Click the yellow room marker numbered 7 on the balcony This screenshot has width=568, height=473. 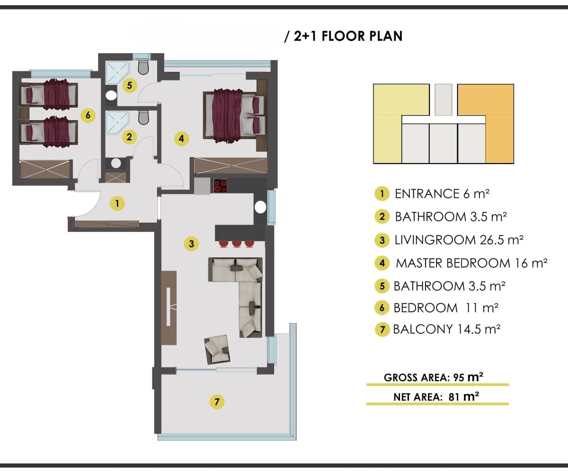tap(217, 402)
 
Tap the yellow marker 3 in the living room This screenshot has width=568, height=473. tap(191, 244)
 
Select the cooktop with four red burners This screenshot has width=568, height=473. tap(221, 185)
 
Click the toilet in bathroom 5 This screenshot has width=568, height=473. tap(143, 67)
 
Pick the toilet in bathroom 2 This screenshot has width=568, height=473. tap(143, 117)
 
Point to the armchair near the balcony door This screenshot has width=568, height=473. tap(217, 350)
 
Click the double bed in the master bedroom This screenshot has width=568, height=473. tap(234, 116)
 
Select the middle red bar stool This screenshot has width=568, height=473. tap(236, 243)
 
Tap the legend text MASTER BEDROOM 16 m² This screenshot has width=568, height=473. tap(471, 263)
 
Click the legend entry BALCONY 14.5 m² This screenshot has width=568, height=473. tap(447, 329)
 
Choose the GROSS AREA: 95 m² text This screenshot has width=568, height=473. tap(434, 377)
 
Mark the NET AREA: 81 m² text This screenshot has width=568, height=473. tap(436, 397)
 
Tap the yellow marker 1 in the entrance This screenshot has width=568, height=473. tap(117, 203)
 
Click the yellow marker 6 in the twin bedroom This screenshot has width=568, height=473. tap(88, 115)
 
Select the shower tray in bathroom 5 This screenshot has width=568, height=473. tap(117, 72)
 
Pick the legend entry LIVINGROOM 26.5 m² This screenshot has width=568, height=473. tap(459, 240)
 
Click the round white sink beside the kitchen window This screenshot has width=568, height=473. tap(260, 208)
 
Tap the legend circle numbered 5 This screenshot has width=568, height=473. tap(382, 286)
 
